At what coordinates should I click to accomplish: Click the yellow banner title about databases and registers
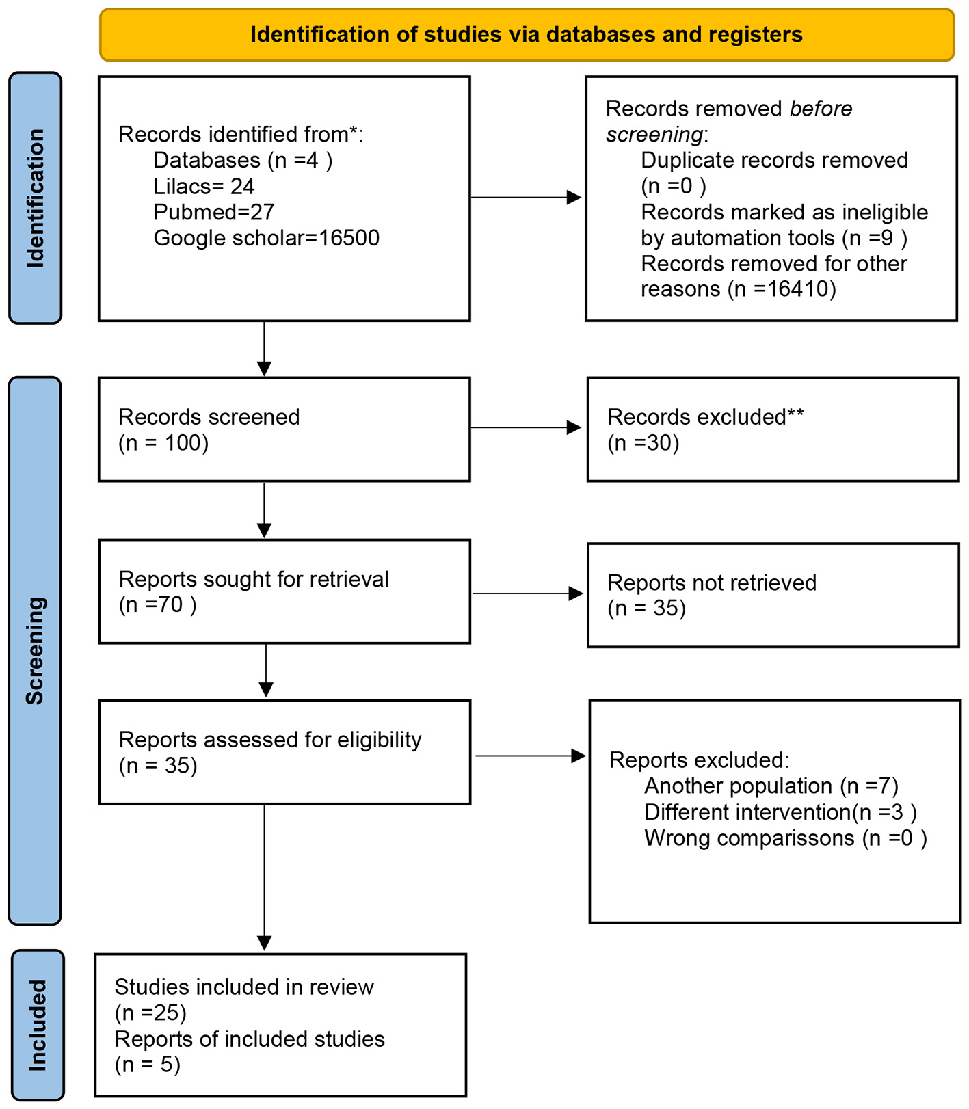(527, 34)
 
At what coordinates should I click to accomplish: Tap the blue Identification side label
(36, 198)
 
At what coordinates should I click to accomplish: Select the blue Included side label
(38, 1026)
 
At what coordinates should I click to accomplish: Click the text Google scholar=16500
(266, 238)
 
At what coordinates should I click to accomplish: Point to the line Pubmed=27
(213, 212)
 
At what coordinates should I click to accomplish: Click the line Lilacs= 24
(204, 186)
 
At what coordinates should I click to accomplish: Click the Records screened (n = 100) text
(209, 429)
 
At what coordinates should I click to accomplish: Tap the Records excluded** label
(705, 417)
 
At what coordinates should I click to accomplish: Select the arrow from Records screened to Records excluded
(527, 428)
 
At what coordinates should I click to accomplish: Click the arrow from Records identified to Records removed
(527, 198)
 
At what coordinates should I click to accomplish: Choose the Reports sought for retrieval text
(253, 579)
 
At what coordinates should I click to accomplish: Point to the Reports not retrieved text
(711, 583)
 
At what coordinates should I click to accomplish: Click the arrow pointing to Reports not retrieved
(528, 593)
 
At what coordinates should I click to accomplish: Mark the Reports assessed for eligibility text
(269, 740)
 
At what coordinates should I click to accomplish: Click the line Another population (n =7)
(771, 786)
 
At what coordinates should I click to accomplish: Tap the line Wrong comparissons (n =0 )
(785, 838)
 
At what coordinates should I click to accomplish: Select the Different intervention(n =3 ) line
(780, 812)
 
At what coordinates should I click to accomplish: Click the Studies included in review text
(244, 987)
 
